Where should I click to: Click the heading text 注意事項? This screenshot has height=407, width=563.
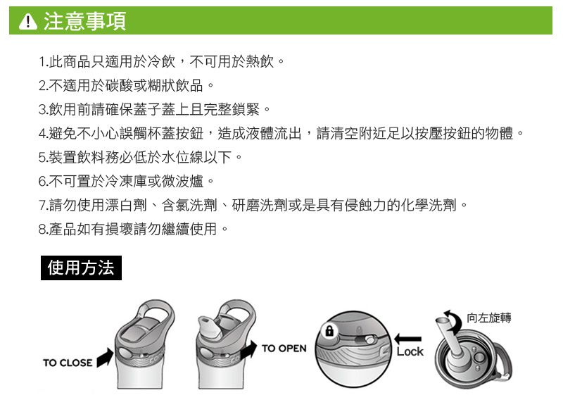click(x=84, y=22)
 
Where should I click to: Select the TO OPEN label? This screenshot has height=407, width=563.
click(x=284, y=349)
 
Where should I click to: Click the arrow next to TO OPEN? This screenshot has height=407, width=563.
click(x=249, y=350)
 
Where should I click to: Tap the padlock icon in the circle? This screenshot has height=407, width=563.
click(x=327, y=330)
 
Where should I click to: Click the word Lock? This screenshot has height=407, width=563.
click(x=410, y=351)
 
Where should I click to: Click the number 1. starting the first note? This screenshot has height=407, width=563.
click(x=43, y=62)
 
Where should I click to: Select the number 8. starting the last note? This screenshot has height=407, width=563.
click(x=43, y=230)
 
